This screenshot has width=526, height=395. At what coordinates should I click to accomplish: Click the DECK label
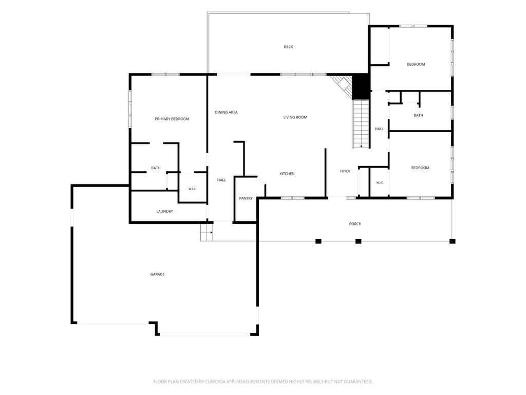[288, 47]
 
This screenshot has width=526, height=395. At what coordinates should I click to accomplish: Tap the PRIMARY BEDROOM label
[172, 119]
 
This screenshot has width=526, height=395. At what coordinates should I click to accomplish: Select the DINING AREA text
[226, 113]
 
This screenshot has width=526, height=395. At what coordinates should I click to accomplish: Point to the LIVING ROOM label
[295, 117]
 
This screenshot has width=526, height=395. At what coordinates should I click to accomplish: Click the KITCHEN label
[287, 174]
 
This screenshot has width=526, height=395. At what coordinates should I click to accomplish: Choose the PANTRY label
[246, 199]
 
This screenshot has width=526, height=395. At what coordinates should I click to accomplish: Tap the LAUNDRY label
[165, 211]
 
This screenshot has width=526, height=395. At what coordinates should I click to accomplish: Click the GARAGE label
[157, 275]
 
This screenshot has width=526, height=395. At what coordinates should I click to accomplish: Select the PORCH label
[355, 224]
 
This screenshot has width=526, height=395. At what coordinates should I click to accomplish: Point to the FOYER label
[345, 171]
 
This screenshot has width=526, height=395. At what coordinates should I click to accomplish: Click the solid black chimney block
[361, 86]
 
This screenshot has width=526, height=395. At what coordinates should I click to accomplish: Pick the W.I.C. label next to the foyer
[380, 183]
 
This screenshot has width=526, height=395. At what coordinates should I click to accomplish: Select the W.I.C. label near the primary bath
[192, 189]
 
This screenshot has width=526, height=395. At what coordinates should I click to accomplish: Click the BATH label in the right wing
[418, 115]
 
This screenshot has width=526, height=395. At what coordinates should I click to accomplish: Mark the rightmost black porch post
[452, 241]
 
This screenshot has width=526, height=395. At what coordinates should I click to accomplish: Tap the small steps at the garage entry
[206, 232]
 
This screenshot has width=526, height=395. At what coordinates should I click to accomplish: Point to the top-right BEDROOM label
[416, 64]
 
